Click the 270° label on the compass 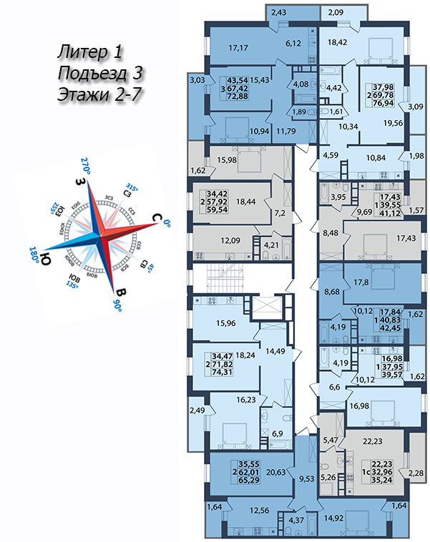click(88, 161)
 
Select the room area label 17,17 click(236, 49)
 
